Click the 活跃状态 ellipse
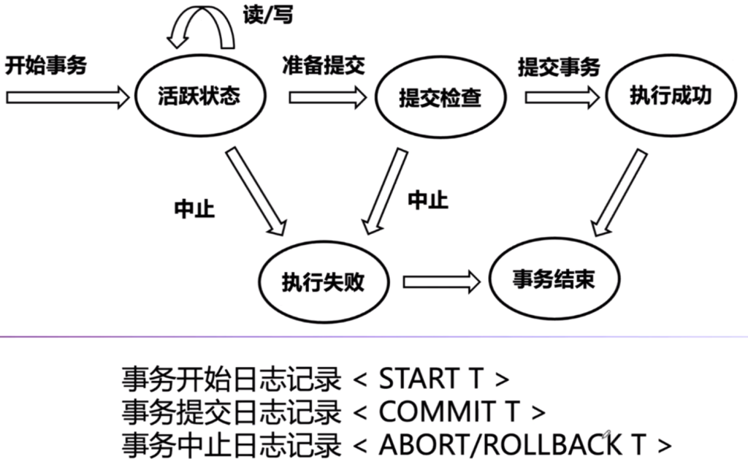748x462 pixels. pos(198,96)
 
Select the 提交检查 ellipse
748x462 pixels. pos(440,97)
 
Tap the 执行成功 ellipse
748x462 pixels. pos(669,96)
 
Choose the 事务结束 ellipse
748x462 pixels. pos(553,280)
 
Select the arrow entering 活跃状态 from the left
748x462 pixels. pos(66,96)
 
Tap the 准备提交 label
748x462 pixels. pos(323,65)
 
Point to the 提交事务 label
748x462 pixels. pos(559,67)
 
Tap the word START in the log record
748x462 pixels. pos(417,379)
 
